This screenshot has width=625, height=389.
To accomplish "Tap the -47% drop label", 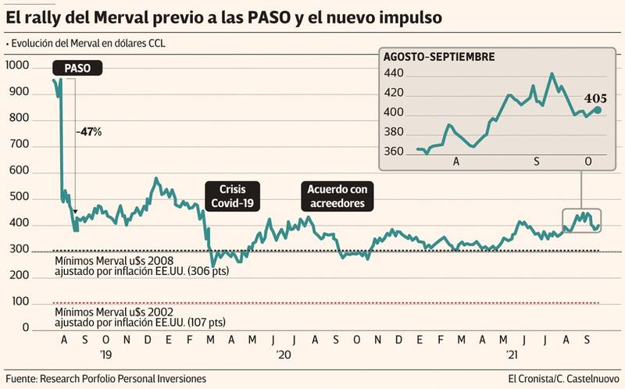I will click(89, 131).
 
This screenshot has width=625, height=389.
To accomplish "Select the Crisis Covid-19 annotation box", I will click(232, 196).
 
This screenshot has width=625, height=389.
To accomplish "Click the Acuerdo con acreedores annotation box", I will click(336, 196).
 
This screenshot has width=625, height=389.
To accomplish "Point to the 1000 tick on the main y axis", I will click(17, 67).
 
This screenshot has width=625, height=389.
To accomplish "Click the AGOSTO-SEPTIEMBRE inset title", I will click(439, 57).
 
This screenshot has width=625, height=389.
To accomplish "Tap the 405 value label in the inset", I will click(595, 98).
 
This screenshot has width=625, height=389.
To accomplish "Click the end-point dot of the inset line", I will click(598, 110).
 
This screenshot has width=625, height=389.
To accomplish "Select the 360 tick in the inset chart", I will click(394, 152).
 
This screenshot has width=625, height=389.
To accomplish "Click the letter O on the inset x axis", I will click(589, 160).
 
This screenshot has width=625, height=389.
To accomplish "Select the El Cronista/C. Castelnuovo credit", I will click(562, 378).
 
